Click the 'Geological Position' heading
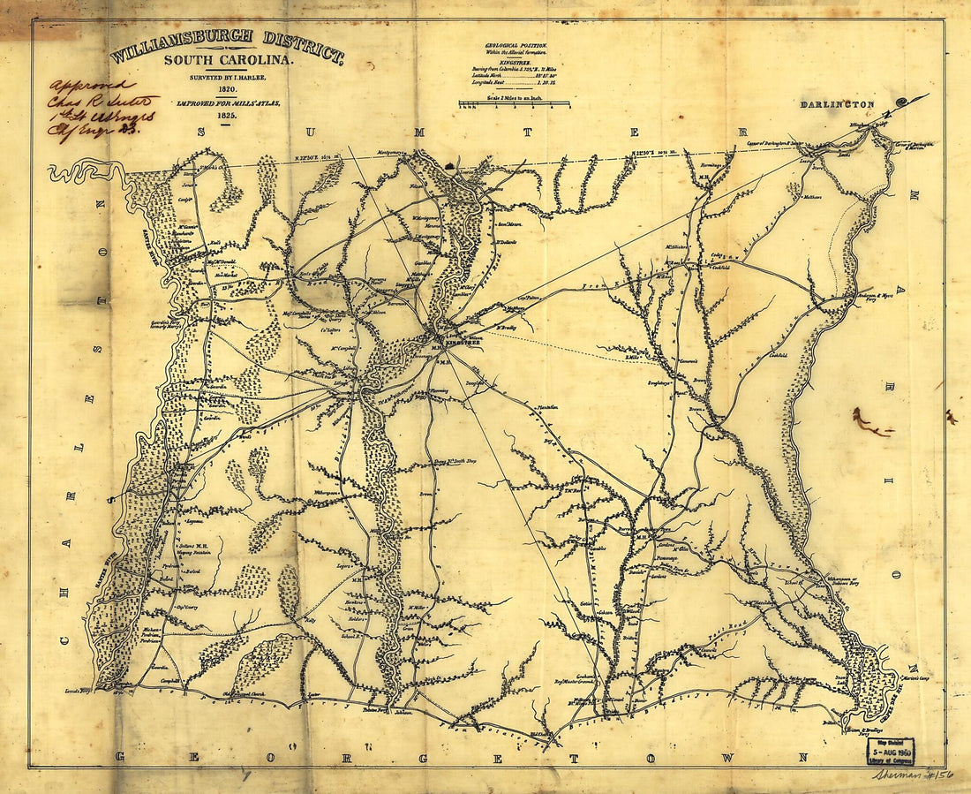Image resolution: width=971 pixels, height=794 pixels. (516, 44)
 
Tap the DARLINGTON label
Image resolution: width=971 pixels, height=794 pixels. (837, 104)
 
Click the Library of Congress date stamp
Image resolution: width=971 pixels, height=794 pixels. (890, 752)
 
